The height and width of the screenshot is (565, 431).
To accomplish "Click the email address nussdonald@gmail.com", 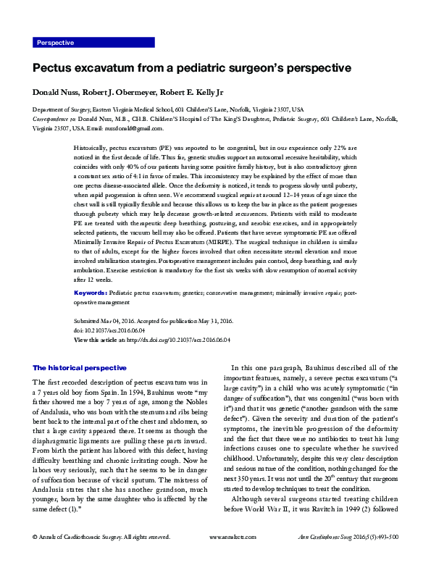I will pyautogui.click(x=130, y=128).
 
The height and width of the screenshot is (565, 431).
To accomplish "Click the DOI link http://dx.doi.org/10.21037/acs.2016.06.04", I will pyautogui.click(x=178, y=339).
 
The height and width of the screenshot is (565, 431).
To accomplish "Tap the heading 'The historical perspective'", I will pyautogui.click(x=80, y=368).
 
